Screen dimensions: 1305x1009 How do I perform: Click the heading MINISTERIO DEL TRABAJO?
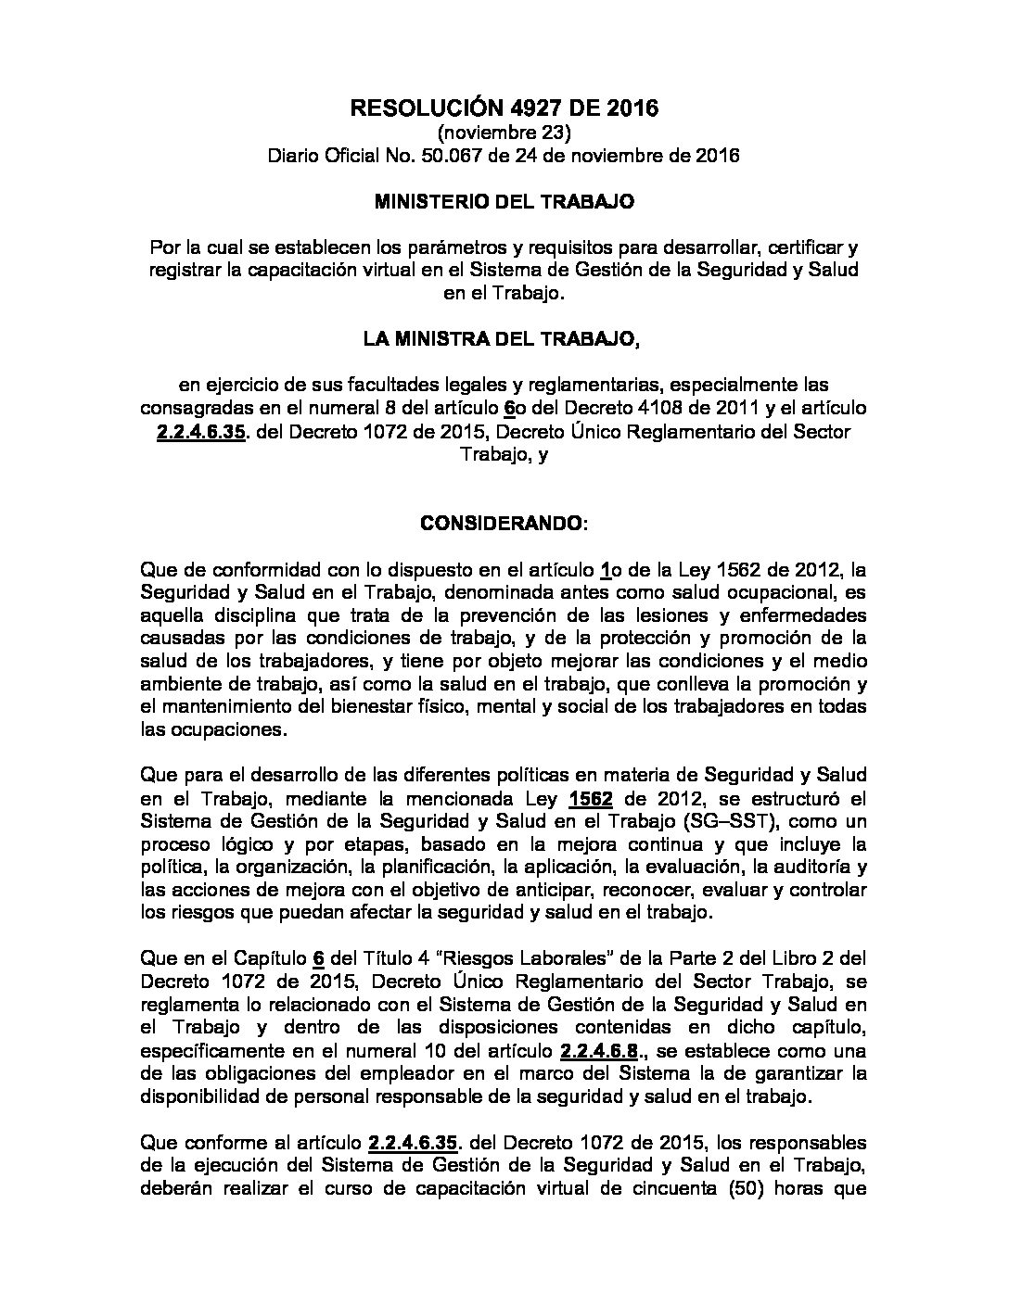click(x=504, y=200)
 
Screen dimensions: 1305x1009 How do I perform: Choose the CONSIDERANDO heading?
click(x=502, y=523)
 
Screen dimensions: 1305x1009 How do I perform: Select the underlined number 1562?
click(x=586, y=800)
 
